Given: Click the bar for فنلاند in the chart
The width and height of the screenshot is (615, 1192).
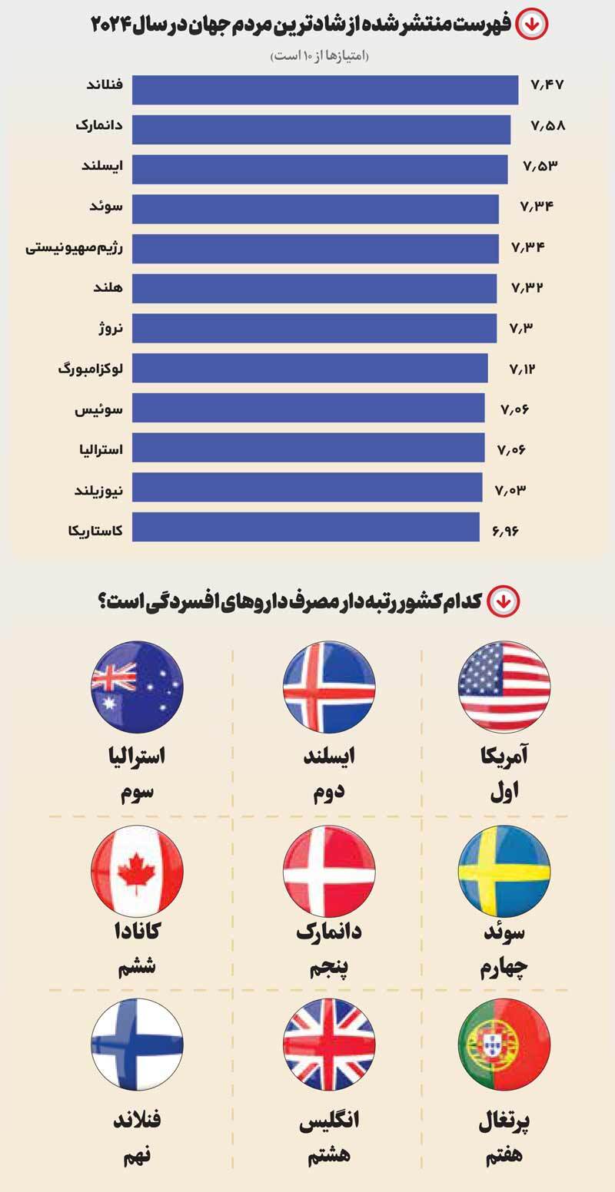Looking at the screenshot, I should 324,89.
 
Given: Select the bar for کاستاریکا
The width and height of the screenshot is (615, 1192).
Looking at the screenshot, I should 306,527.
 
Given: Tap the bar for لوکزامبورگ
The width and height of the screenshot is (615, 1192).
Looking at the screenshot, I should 310,368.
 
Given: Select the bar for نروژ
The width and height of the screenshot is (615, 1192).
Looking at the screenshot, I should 314,328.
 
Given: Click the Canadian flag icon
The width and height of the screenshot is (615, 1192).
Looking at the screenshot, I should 137,871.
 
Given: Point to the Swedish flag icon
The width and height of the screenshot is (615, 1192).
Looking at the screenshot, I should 504,871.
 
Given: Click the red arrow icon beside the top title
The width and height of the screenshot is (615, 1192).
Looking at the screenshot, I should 532,25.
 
